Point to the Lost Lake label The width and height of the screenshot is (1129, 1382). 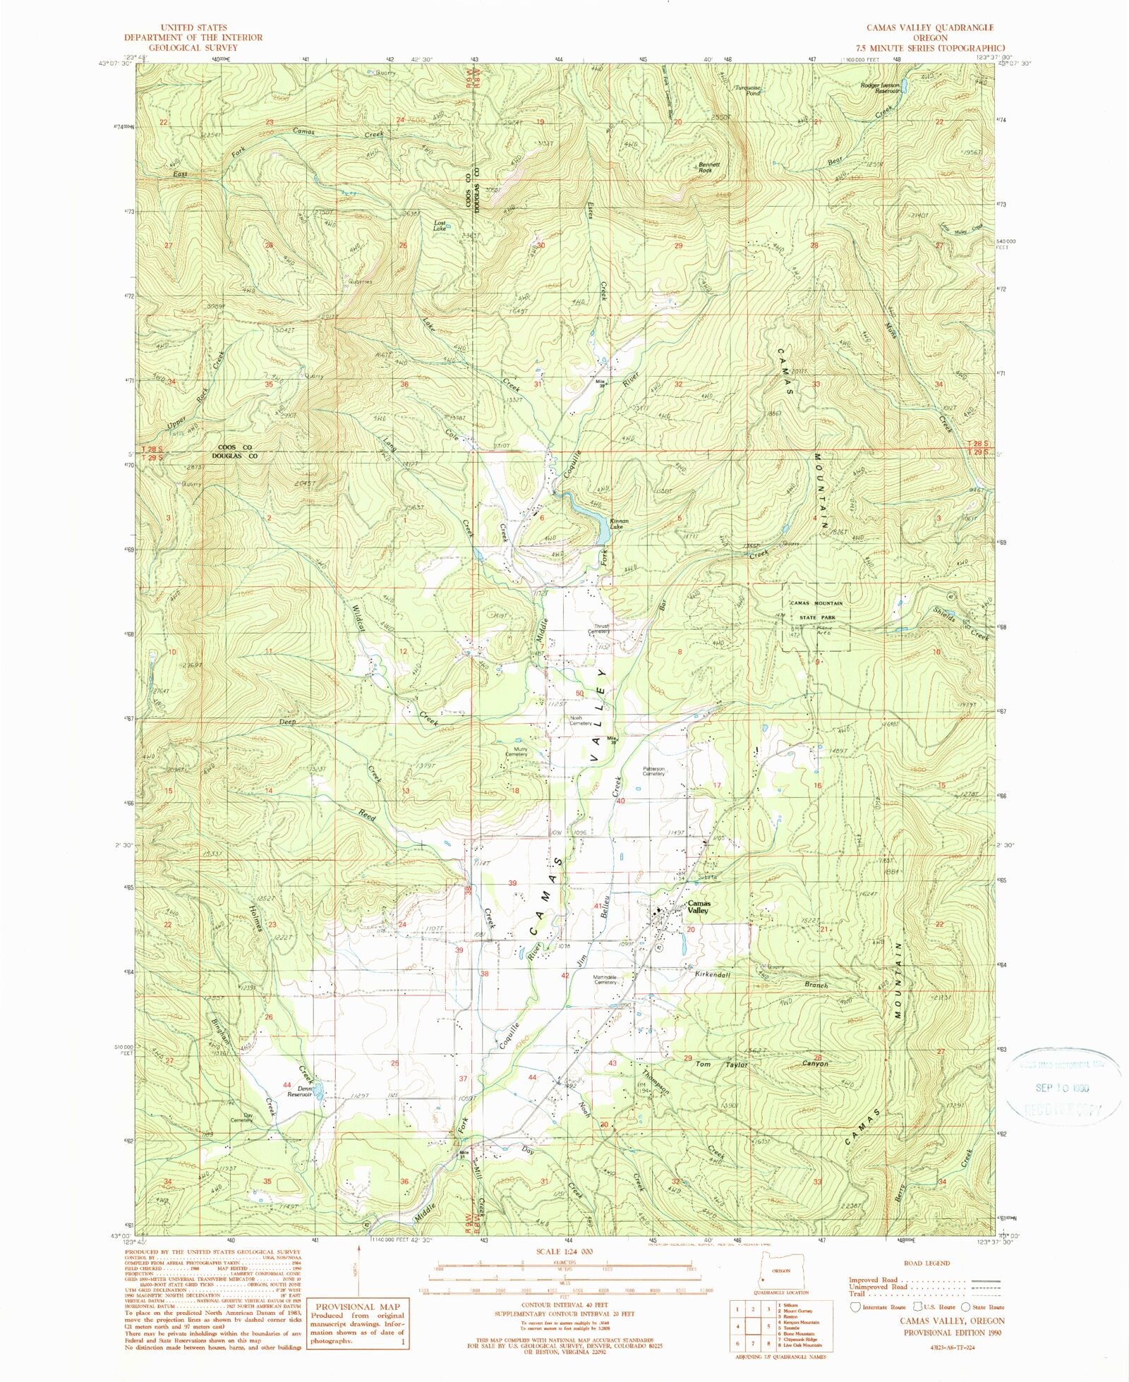tap(440, 226)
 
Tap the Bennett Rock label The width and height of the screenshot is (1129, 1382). tap(709, 167)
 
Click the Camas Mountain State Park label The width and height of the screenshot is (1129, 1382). tap(816, 610)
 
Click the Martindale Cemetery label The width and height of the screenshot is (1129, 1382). tap(605, 979)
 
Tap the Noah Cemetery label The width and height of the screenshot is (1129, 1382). tap(581, 720)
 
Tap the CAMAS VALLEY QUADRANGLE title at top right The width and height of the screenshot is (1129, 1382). tap(920, 28)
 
